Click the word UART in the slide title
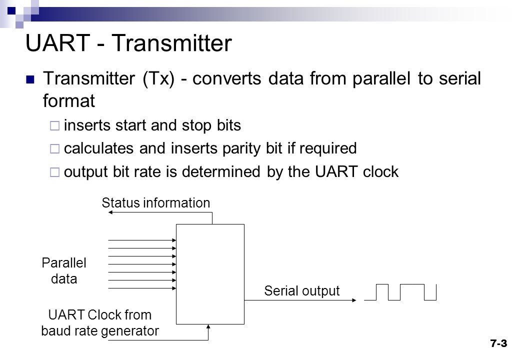point(57,43)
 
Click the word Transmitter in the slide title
point(172,43)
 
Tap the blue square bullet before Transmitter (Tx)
point(30,79)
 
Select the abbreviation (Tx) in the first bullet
point(158,79)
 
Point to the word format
point(69,101)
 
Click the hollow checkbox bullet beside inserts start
point(54,125)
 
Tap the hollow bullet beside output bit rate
point(54,172)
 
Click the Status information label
point(156,202)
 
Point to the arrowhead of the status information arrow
point(111,212)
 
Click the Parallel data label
point(64,270)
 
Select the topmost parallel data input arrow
point(142,240)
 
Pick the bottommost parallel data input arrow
point(142,288)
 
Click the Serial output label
point(302,290)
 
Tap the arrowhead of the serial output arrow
point(354,300)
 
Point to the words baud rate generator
point(100,331)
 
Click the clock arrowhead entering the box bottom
point(208,327)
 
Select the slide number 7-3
point(499,343)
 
